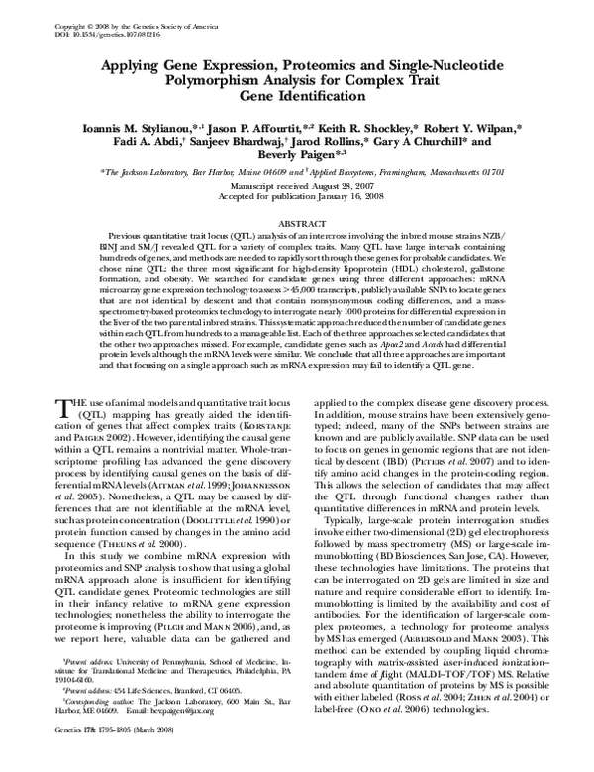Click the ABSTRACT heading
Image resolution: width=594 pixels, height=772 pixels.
pos(296,226)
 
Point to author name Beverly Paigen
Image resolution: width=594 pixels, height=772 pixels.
pos(294,157)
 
